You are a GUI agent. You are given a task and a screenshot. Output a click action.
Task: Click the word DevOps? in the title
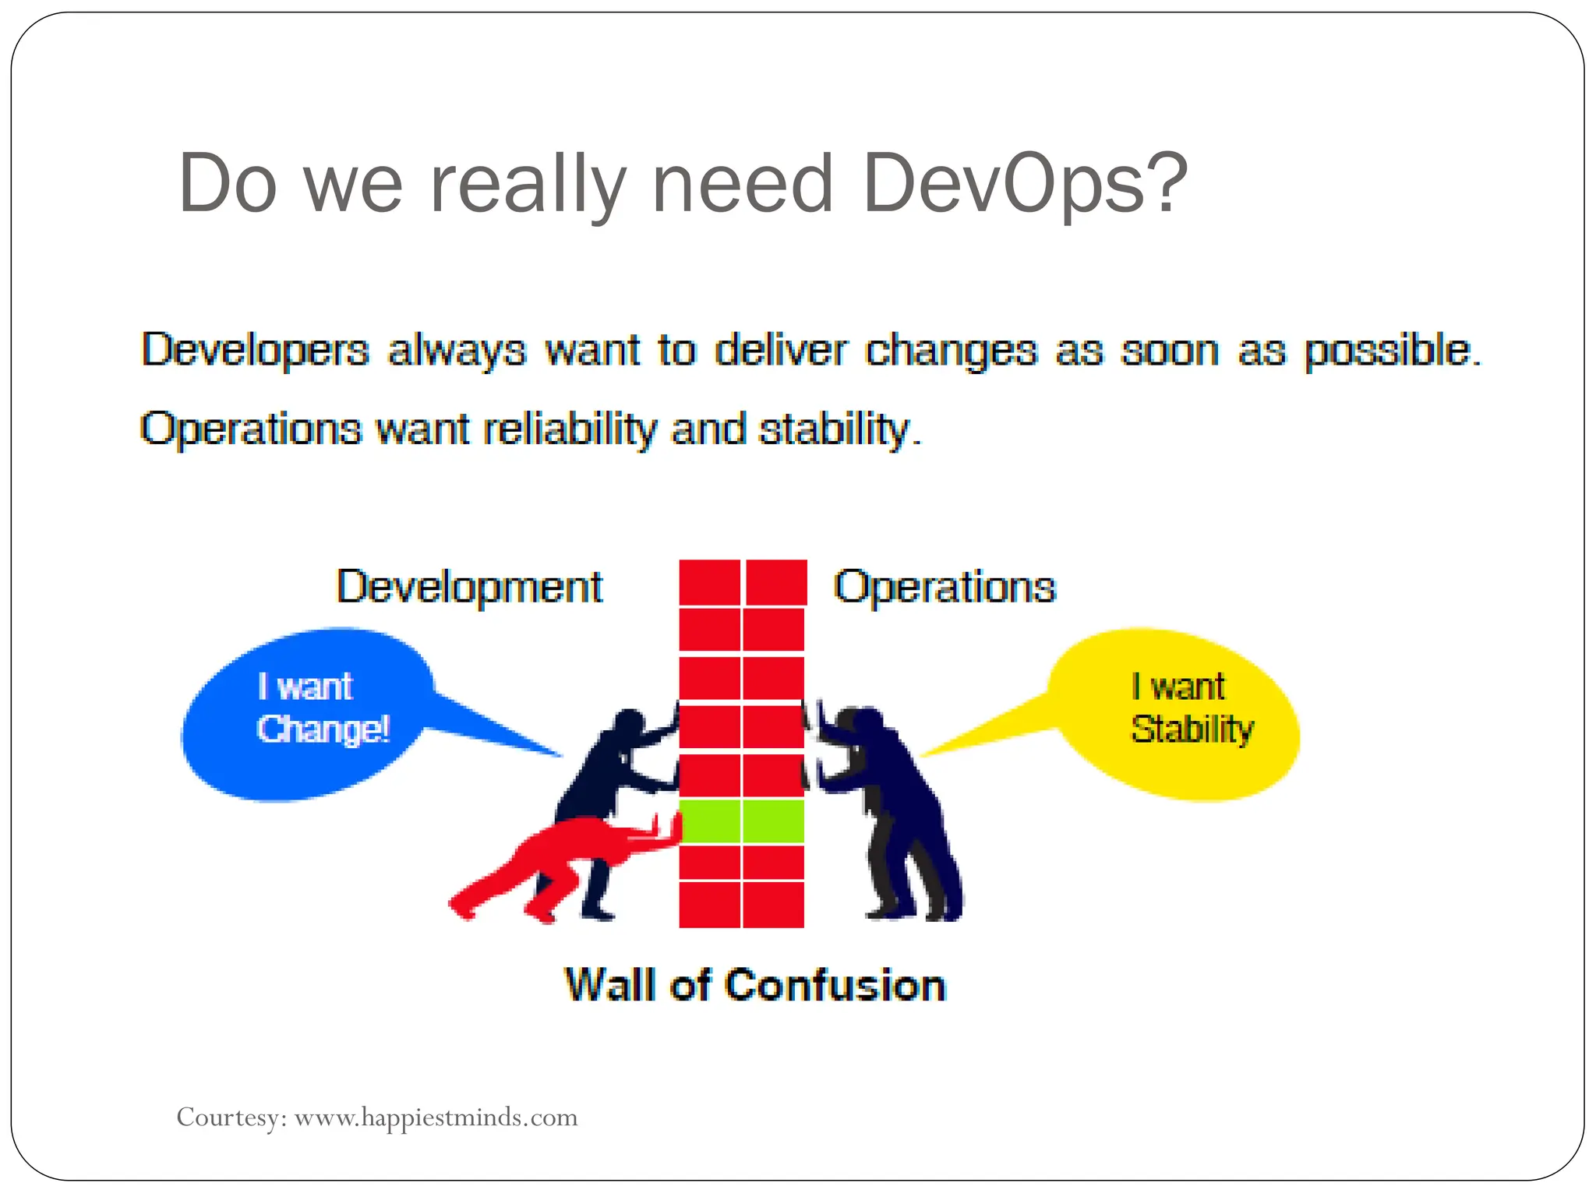1025,185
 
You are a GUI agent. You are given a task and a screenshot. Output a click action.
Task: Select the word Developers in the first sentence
255,350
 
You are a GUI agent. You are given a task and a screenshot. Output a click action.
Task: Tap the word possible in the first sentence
1391,350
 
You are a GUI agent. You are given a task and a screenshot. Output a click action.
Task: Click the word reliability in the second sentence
570,430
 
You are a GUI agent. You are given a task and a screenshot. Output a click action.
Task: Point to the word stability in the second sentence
838,430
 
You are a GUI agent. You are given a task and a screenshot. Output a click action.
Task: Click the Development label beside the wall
469,587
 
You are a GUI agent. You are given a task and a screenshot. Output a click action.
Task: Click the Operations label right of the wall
945,587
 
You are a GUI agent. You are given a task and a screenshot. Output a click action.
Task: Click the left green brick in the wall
709,821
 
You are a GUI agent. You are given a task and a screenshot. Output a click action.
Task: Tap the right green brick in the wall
773,821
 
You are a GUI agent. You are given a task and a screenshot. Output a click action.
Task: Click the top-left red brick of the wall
709,582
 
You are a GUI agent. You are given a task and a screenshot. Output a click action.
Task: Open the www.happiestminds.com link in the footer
436,1118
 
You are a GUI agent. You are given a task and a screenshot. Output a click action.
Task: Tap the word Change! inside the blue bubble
323,729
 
